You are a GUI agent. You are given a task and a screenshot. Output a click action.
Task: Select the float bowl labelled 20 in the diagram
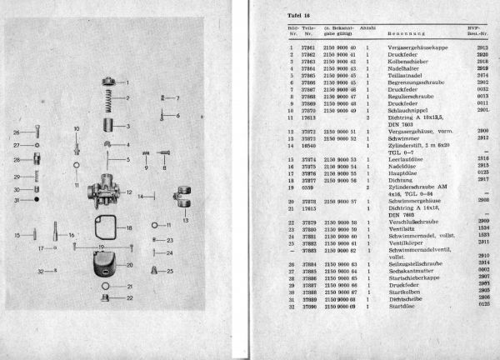click(107, 267)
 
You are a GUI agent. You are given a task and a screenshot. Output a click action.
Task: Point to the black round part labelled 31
click(38, 201)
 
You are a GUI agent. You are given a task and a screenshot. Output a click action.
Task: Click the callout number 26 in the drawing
click(15, 132)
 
